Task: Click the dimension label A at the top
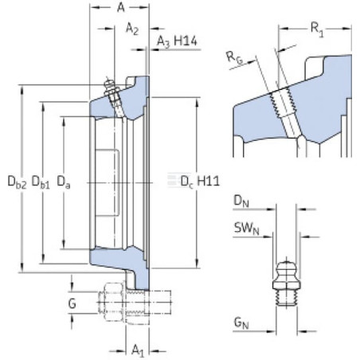tap(121, 8)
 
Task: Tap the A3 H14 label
tap(177, 41)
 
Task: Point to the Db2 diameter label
tap(18, 182)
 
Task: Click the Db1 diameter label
tap(41, 182)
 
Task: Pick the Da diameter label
tap(64, 182)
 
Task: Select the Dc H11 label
tap(200, 182)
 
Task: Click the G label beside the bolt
tap(72, 303)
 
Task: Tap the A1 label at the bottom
tap(138, 350)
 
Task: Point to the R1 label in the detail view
tap(317, 29)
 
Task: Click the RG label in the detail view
tap(234, 57)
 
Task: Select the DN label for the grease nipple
tap(241, 201)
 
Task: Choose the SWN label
tap(247, 229)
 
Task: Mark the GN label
tap(241, 323)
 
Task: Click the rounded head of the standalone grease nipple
tap(287, 269)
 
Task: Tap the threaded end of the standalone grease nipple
tap(287, 297)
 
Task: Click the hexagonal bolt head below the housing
tap(111, 302)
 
